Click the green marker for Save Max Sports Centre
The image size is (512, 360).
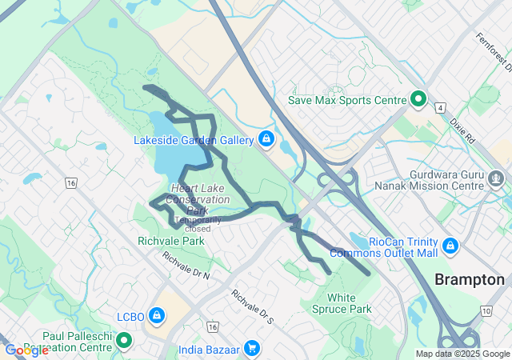(418, 100)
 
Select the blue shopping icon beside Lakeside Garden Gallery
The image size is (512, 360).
(266, 140)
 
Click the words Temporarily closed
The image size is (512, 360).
(193, 224)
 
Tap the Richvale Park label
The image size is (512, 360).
(171, 240)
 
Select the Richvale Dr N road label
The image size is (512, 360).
(186, 266)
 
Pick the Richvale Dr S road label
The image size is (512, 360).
(253, 306)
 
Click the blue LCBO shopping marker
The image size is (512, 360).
(157, 317)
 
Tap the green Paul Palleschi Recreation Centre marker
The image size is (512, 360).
(124, 342)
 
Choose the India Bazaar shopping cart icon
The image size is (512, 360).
(252, 348)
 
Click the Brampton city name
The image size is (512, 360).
(470, 280)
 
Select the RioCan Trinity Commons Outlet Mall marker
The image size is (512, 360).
(450, 244)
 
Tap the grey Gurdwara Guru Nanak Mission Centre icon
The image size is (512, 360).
(497, 176)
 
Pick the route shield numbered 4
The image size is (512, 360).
(440, 106)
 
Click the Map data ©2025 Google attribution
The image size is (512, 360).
(462, 354)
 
